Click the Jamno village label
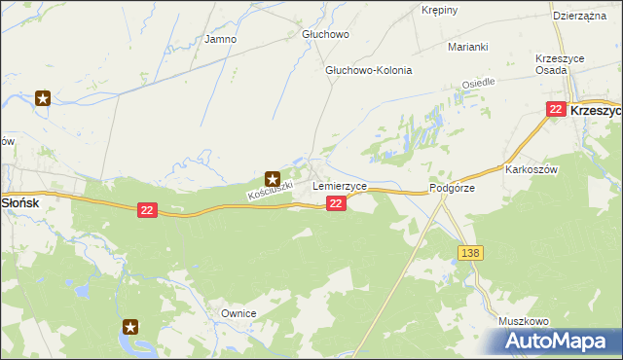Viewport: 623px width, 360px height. [221, 40]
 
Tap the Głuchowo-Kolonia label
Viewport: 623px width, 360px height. [369, 71]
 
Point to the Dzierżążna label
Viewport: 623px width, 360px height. [579, 17]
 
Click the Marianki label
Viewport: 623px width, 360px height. [467, 47]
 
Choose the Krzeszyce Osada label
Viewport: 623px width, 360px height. [560, 64]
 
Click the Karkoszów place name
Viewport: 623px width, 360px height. [531, 168]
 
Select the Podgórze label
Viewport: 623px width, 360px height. [452, 189]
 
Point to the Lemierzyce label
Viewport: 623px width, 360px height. [340, 185]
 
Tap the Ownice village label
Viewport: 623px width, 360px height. [238, 313]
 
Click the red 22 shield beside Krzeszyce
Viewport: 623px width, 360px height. [556, 110]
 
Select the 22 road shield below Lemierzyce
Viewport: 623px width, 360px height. [336, 202]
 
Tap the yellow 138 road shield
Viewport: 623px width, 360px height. [470, 253]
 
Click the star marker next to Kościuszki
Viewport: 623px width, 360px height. [274, 179]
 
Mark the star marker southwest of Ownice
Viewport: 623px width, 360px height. [132, 327]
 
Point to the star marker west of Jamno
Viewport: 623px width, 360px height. [43, 98]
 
